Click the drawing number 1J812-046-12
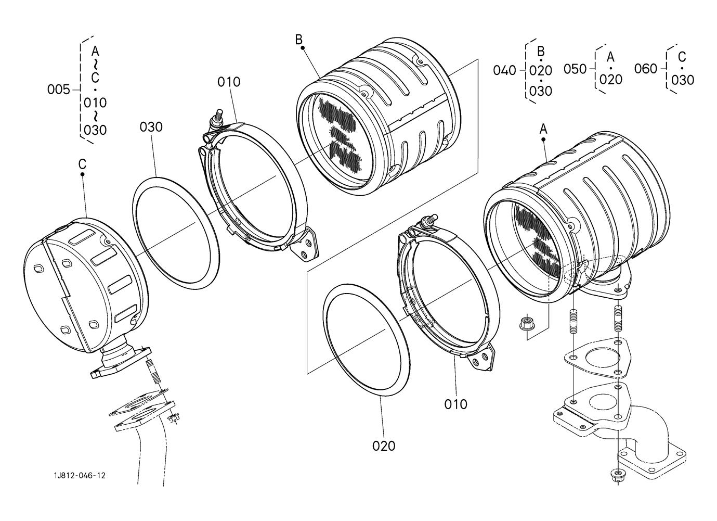point(80,476)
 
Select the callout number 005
point(58,90)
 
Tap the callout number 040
point(504,70)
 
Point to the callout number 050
point(575,69)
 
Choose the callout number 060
point(646,69)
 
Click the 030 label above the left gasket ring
point(151,127)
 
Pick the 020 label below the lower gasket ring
point(384,446)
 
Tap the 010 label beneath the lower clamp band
point(455,404)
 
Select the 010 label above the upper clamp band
point(229,82)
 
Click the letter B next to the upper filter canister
point(298,40)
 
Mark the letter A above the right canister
point(543,129)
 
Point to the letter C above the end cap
point(82,164)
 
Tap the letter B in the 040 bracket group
point(541,51)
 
